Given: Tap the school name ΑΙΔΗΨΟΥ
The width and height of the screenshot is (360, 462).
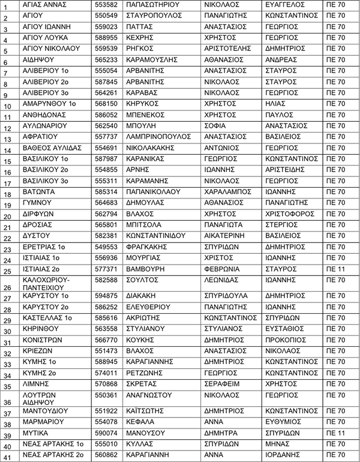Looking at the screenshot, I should click(x=38, y=59).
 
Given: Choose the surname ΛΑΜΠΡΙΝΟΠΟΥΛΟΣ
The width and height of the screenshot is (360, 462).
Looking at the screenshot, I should click(x=158, y=137).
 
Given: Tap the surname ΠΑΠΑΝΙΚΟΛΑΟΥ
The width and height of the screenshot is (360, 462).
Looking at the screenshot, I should click(x=154, y=192).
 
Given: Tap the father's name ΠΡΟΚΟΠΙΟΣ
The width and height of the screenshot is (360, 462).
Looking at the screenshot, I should click(x=285, y=340).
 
